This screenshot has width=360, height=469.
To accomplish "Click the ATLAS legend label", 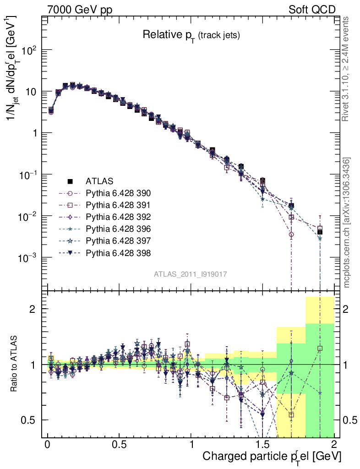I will coord(99,180).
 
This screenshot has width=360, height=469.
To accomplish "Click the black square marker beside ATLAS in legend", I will coord(71,180).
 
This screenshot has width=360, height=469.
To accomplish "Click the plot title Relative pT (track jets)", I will coord(191,35).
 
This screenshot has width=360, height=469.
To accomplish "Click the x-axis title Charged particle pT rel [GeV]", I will coord(272,457).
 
